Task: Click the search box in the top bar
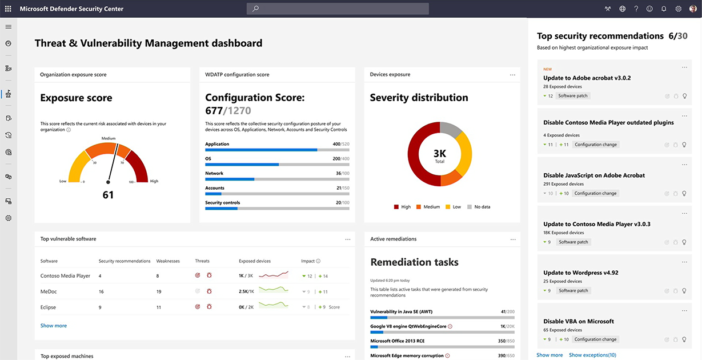click(338, 9)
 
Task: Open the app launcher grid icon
click(8, 9)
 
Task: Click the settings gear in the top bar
click(679, 9)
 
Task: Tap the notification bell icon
click(664, 9)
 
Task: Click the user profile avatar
click(693, 9)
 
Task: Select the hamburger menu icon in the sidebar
click(8, 27)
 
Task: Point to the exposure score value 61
click(108, 195)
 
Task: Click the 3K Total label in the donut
click(439, 155)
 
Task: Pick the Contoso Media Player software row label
click(65, 276)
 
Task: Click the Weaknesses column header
click(168, 261)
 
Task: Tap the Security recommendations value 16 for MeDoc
click(101, 291)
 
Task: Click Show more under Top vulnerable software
click(54, 326)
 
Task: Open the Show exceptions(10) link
click(592, 355)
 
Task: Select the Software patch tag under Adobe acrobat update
click(573, 96)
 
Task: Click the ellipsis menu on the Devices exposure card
click(512, 75)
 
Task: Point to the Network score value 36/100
click(342, 174)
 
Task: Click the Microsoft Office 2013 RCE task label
click(397, 341)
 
